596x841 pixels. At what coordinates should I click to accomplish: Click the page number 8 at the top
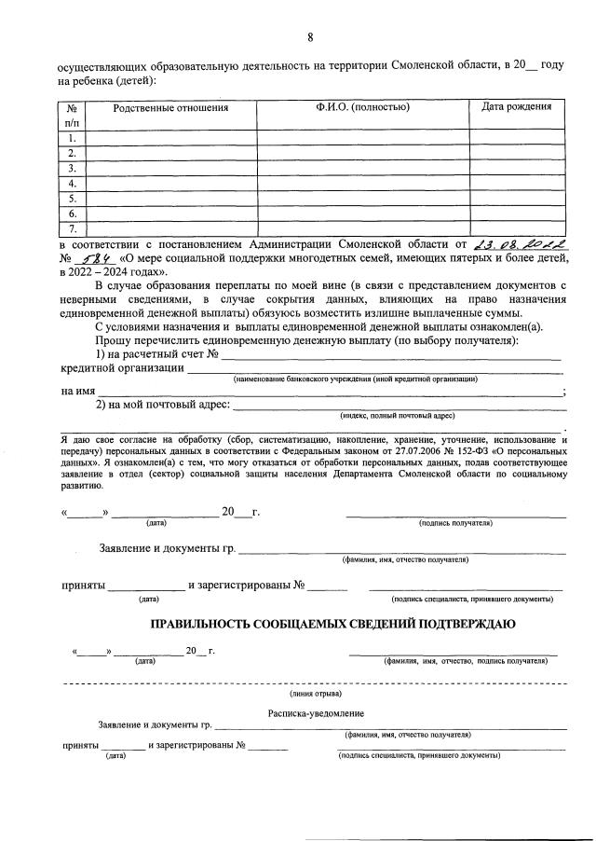point(310,37)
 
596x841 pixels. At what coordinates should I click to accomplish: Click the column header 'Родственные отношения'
point(170,108)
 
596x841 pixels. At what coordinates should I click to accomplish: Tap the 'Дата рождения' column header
point(516,107)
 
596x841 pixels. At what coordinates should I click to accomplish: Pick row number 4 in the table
point(72,184)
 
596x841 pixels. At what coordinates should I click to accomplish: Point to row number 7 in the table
point(72,228)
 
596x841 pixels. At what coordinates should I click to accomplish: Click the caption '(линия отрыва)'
point(316,694)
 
